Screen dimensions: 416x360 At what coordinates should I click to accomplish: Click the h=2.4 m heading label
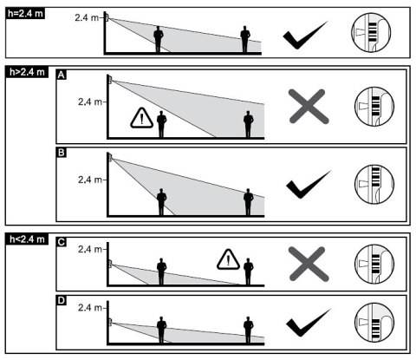click(x=25, y=13)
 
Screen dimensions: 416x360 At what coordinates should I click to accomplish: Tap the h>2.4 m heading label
click(x=27, y=72)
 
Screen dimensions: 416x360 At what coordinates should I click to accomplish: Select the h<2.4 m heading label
click(x=27, y=239)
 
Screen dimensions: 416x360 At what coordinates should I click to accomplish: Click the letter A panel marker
click(x=61, y=75)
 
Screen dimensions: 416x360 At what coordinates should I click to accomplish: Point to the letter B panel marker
click(x=62, y=153)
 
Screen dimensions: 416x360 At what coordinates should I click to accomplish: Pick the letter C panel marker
click(x=62, y=242)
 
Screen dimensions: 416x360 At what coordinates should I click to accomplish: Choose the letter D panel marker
click(x=62, y=300)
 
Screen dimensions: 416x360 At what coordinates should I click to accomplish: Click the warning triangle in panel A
click(x=141, y=118)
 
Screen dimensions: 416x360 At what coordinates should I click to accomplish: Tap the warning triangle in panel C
click(x=228, y=259)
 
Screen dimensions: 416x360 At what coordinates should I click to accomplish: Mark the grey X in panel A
click(x=309, y=107)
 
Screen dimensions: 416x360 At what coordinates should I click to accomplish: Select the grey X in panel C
click(x=309, y=264)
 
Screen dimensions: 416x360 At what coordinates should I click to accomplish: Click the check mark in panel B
click(x=309, y=185)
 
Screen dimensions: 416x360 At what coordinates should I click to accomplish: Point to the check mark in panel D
click(x=309, y=323)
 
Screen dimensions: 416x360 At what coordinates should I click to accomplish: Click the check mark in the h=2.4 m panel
click(x=305, y=35)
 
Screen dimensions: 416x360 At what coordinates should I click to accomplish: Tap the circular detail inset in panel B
click(x=374, y=184)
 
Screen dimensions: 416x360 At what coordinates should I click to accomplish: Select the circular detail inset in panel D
click(x=374, y=323)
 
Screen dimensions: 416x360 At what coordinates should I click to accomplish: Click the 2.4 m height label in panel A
click(x=90, y=101)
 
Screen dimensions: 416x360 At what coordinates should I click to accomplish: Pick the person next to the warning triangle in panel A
click(x=161, y=124)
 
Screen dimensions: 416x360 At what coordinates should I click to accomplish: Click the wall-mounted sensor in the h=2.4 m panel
click(x=107, y=17)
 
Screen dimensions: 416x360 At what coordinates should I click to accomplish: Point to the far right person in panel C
click(x=249, y=272)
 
